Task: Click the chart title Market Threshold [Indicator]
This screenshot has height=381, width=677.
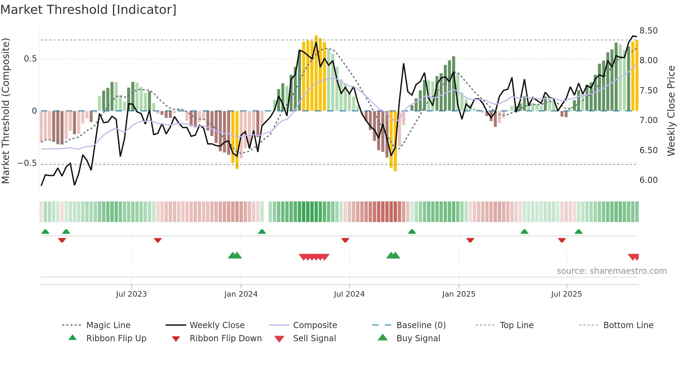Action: point(88,10)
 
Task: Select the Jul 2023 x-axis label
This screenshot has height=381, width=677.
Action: point(131,294)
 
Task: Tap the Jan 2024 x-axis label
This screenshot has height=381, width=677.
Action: point(241,294)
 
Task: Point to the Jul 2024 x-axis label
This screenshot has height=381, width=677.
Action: point(349,294)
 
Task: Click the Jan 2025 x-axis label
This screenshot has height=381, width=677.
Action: point(459,294)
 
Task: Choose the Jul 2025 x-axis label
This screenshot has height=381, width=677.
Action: point(566,294)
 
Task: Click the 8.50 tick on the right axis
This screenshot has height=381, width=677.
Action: point(648,31)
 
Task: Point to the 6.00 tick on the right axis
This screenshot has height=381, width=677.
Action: point(648,180)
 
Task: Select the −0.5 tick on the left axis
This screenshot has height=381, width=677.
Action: point(27,163)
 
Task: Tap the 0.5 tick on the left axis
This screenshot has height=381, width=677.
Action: point(30,59)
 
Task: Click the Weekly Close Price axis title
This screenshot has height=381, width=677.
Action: point(671,111)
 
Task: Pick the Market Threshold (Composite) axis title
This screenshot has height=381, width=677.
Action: point(6,111)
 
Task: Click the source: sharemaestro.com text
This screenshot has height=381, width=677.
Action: point(611,271)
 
